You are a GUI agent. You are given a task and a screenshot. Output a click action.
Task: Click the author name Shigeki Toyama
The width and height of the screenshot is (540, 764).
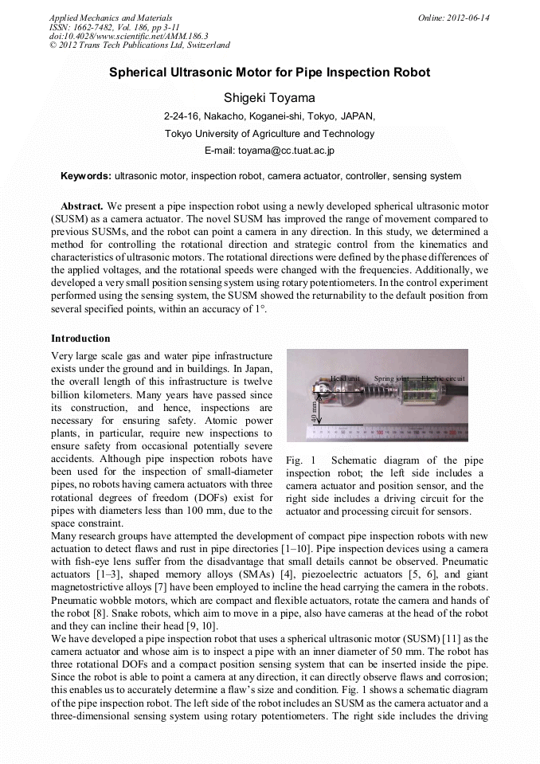point(269,97)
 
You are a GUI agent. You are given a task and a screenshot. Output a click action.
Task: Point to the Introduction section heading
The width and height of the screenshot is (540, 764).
point(80,339)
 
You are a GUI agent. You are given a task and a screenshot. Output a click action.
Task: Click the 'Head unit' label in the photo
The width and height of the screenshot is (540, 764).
point(345,378)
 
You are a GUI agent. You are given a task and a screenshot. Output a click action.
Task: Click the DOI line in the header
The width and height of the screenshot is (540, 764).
point(128,37)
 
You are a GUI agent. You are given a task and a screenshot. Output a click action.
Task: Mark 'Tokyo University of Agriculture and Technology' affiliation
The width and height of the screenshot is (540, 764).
point(269,133)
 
